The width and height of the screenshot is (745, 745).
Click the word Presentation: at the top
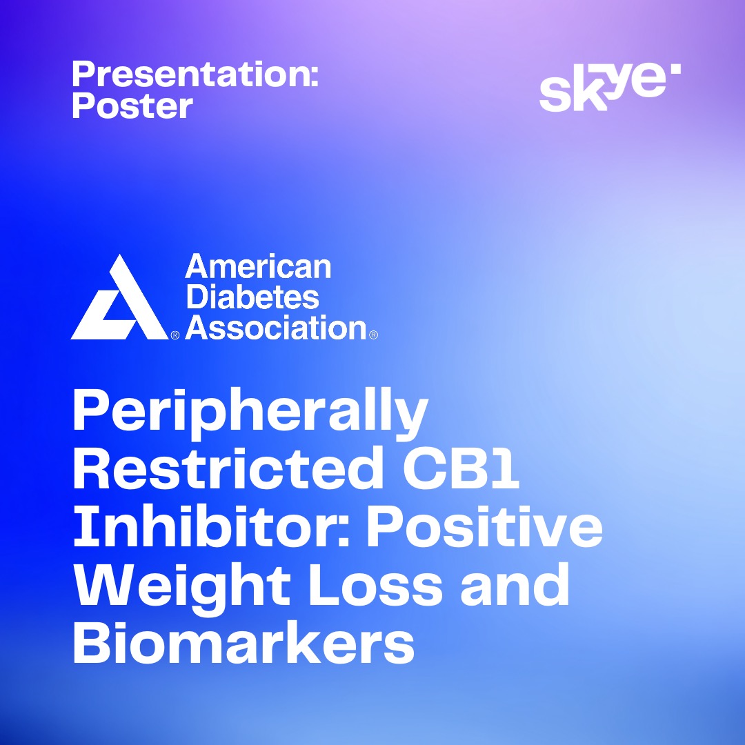[195, 74]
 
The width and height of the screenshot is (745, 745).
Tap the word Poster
[132, 105]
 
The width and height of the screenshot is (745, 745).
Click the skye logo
[610, 87]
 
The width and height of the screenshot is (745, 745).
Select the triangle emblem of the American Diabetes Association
[119, 297]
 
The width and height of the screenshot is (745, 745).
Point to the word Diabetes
[252, 297]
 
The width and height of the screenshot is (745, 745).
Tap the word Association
[275, 328]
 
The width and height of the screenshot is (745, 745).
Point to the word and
[515, 584]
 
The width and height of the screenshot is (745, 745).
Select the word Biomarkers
[244, 642]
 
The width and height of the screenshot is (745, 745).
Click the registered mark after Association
[373, 335]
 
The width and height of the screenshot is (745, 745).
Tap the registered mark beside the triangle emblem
[175, 335]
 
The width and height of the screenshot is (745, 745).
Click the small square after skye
[675, 69]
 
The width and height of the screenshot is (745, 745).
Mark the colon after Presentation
[314, 79]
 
